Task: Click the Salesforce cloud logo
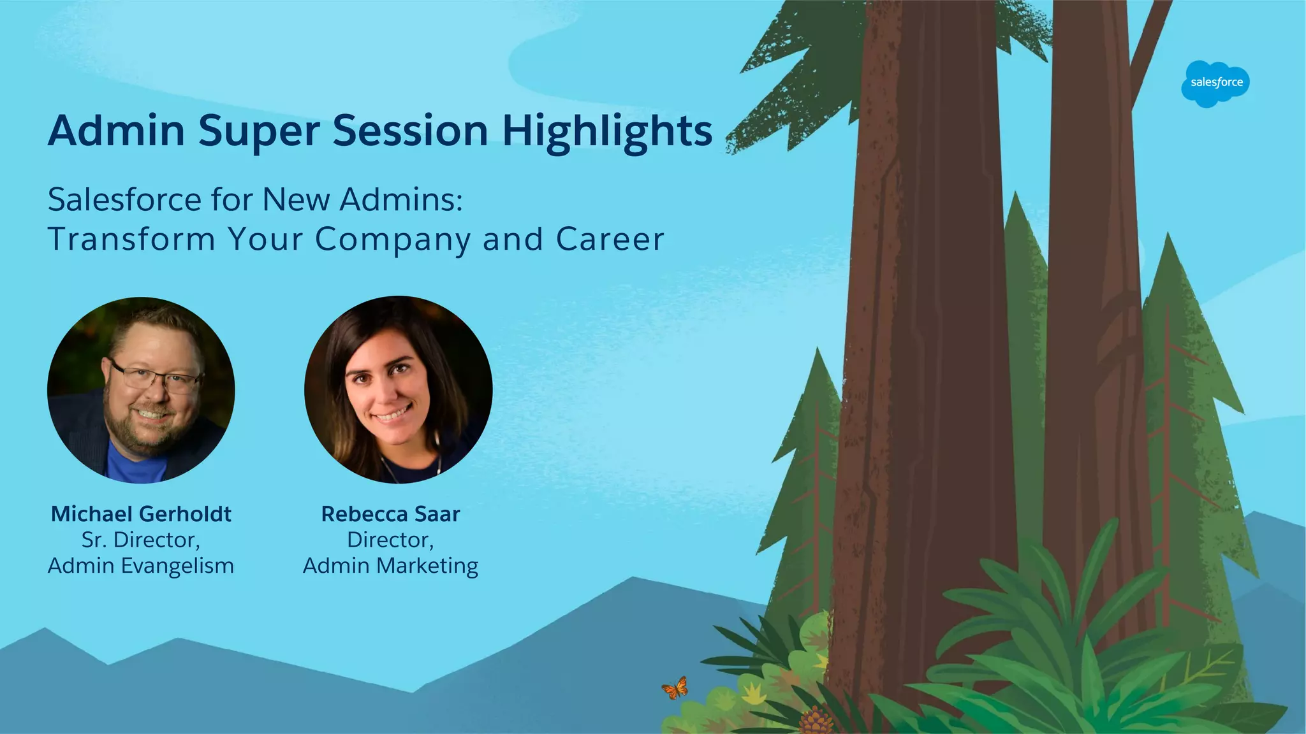1215,83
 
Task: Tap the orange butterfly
675,688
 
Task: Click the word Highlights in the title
607,131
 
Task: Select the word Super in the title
259,131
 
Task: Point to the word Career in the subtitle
610,240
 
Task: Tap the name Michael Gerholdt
141,514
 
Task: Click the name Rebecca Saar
390,514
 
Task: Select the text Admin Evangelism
141,566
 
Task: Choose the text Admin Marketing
390,566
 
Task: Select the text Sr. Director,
141,540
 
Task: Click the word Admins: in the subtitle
401,200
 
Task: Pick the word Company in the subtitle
392,240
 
